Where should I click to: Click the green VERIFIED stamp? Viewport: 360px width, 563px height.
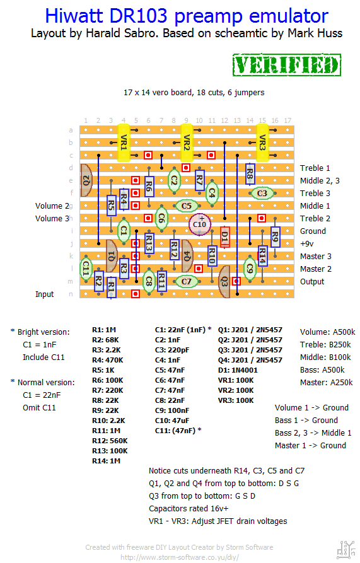point(286,65)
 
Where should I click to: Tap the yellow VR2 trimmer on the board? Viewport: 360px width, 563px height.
point(186,142)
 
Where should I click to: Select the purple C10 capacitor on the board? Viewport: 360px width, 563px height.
point(200,224)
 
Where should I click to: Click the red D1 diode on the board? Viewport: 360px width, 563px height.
point(224,237)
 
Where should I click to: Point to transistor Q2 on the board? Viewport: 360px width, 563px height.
point(86,180)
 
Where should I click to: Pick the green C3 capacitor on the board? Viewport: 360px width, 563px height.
point(262,193)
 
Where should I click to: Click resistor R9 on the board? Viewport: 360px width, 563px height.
point(275,237)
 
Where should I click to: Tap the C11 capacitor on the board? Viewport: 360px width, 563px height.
point(86,268)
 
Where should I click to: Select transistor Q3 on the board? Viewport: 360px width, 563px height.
point(224,281)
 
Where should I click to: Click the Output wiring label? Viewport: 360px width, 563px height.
point(312,281)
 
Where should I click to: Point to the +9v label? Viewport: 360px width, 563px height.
point(307,244)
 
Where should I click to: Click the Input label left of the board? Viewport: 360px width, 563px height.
point(45,294)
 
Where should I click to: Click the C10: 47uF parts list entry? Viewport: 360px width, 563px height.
point(172,421)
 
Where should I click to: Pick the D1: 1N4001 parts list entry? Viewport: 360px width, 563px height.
point(238,370)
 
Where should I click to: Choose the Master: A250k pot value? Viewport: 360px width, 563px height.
point(326,383)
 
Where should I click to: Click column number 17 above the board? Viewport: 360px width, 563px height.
point(287,120)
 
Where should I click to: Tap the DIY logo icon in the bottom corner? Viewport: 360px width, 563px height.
point(346,550)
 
